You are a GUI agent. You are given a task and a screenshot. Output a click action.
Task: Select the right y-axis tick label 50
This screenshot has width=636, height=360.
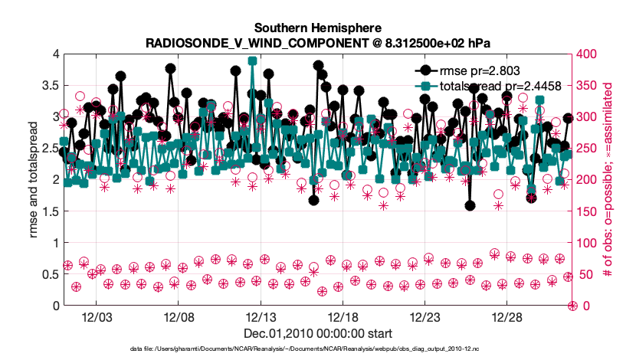(584, 274)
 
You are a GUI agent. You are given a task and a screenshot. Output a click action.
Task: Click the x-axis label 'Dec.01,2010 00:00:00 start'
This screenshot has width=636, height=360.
(318, 334)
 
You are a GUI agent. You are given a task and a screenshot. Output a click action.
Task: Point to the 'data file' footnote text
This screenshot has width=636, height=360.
(318, 349)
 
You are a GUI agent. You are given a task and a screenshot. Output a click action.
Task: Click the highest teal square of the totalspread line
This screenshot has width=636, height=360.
(252, 61)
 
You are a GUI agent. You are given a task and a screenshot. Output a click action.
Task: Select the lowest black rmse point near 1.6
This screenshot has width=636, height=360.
(470, 205)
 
